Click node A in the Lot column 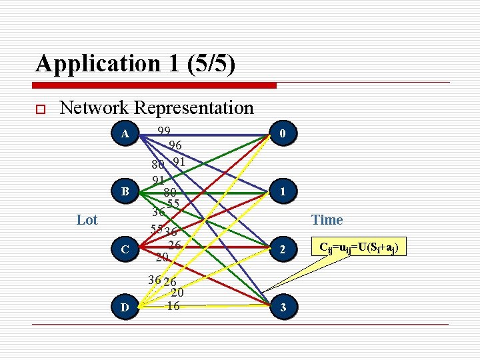coord(125,134)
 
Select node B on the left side coord(125,192)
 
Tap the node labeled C coord(125,249)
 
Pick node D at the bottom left coord(125,307)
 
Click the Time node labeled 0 coord(283,135)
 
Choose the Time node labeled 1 coord(283,192)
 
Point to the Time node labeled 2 coord(283,250)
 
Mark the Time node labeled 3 coord(283,307)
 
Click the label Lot coord(87,220)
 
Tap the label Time coord(327,220)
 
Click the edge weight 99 coord(164,131)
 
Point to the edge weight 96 coord(175,145)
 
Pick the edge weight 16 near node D coord(173,306)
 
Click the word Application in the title coord(93,63)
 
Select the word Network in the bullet coord(94,107)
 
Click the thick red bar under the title coord(154,85)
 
